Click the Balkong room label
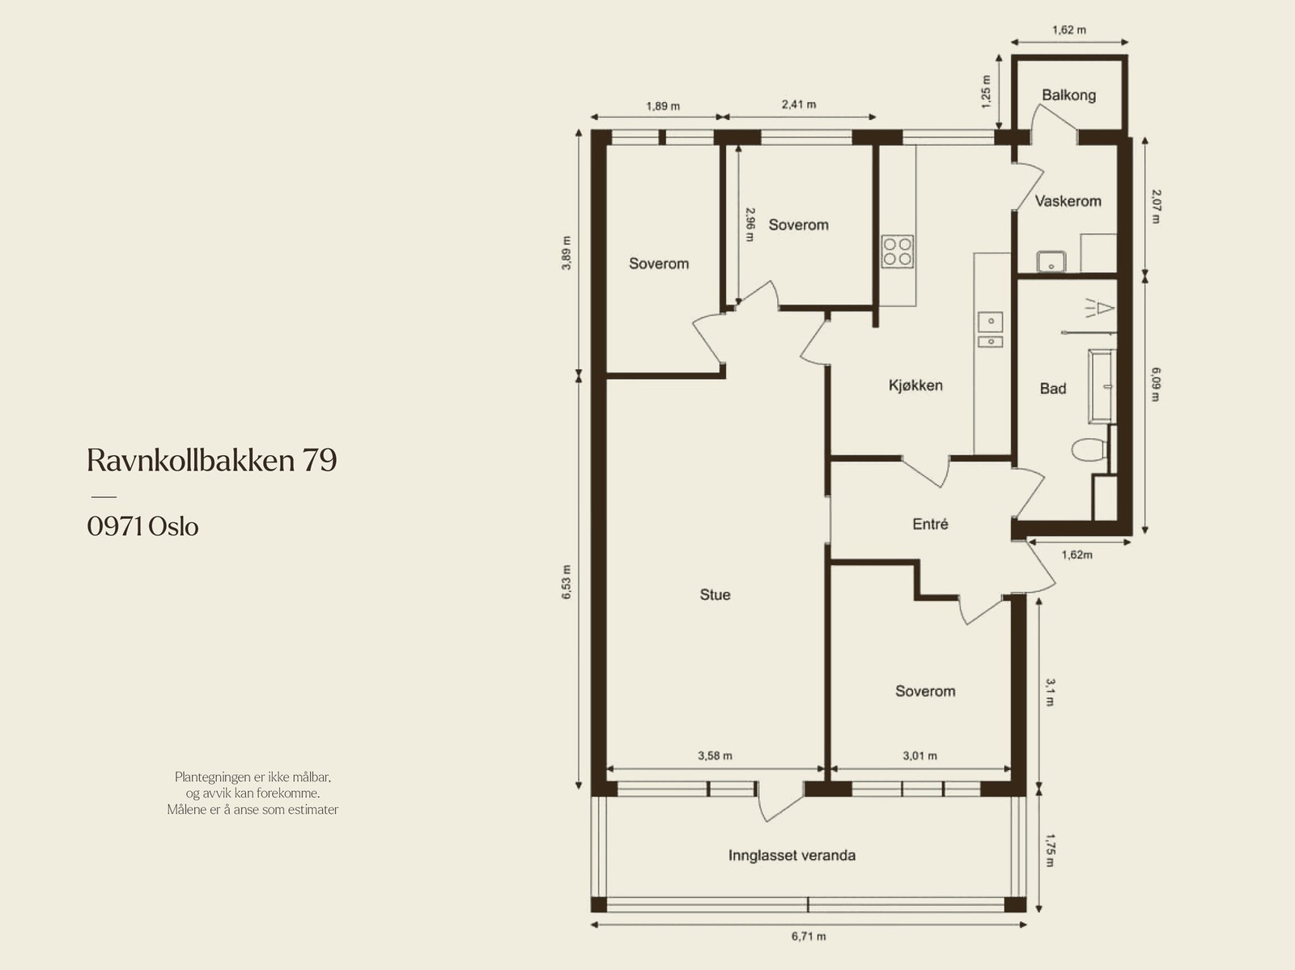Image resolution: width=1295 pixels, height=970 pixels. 1068,95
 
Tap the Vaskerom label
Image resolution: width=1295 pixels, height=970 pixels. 1068,201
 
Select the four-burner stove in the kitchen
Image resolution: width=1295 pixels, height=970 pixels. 898,251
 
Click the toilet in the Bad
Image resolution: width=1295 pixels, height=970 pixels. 1088,449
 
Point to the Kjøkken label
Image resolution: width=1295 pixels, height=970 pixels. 915,385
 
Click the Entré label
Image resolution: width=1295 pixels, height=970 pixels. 930,524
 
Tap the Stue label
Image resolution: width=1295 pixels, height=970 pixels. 715,594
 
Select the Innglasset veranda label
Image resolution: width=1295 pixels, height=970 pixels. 792,855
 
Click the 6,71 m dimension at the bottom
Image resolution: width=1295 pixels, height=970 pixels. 809,937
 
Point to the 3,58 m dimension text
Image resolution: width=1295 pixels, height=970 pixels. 715,755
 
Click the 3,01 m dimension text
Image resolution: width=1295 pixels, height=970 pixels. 919,755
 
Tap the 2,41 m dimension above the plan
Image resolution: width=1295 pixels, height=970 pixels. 798,104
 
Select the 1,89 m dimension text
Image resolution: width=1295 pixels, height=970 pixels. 662,106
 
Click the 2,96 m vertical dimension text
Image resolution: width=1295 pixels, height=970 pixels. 750,224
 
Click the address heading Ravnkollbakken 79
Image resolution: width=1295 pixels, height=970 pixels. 211,460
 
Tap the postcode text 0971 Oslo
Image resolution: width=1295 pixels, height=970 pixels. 142,526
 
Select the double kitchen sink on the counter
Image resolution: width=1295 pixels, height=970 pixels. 989,330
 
